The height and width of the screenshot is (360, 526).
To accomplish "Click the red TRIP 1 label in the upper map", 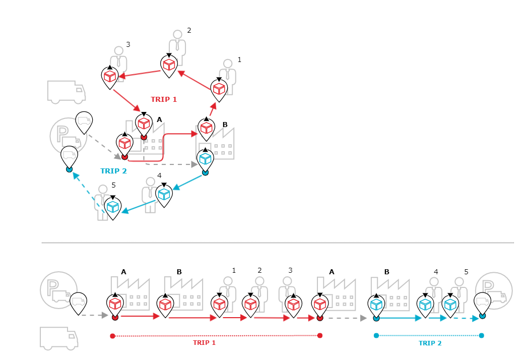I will (x=164, y=99).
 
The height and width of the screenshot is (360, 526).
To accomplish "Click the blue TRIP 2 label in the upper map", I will (x=113, y=171).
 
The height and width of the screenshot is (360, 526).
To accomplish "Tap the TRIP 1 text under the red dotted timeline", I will (x=204, y=343).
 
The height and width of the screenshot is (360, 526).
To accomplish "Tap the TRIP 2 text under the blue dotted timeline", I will (x=430, y=343).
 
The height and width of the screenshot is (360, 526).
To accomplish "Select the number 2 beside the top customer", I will (x=189, y=30).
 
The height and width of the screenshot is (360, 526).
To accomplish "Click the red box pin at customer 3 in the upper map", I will (x=110, y=77).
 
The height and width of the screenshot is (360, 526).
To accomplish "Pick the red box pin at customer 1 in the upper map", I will (x=219, y=89).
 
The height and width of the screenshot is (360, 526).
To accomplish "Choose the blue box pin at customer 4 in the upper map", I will (x=164, y=195).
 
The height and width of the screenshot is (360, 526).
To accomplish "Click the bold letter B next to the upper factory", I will (x=225, y=125).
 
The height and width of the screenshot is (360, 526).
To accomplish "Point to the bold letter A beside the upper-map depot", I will (x=159, y=119).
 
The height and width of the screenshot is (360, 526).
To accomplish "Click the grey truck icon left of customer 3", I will (x=66, y=91).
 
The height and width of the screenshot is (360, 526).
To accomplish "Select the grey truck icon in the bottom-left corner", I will (x=59, y=337).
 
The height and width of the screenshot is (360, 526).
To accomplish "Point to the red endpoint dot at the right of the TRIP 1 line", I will (x=320, y=335).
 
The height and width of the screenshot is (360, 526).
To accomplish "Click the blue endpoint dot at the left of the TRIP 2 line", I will (x=376, y=335).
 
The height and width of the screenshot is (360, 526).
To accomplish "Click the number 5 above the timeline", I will (x=466, y=272).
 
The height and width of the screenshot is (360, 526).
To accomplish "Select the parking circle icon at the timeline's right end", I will (x=494, y=291).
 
